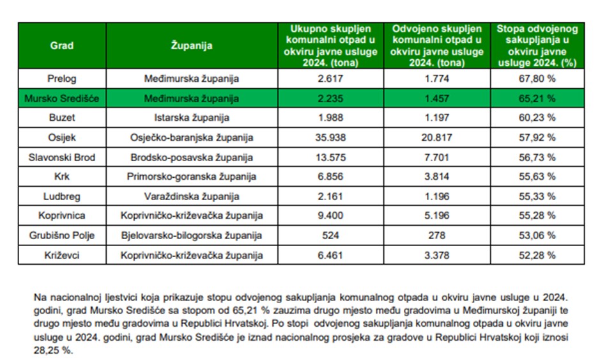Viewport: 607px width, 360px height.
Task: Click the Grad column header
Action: (62, 45)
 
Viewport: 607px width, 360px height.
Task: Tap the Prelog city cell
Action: (62, 79)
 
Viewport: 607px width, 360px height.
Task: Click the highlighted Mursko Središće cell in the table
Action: (62, 98)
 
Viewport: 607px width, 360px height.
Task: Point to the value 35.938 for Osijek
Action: (330, 137)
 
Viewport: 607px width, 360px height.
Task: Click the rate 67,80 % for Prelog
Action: (537, 79)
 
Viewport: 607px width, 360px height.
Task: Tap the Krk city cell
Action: (62, 177)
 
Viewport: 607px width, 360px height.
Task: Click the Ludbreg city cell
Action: (62, 196)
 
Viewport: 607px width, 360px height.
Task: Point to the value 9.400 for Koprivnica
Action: (330, 216)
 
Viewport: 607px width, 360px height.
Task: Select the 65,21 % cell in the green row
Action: (537, 98)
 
